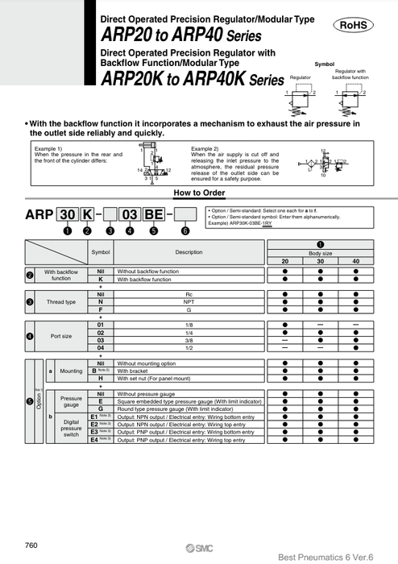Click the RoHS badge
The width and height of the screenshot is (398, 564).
pyautogui.click(x=352, y=25)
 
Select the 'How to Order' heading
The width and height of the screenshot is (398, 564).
pyautogui.click(x=198, y=193)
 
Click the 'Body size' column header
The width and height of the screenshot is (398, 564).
pyautogui.click(x=320, y=252)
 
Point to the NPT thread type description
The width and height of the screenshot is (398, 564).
pyautogui.click(x=189, y=302)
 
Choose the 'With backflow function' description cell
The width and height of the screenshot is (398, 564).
pyautogui.click(x=189, y=280)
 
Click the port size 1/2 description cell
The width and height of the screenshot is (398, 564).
pyautogui.click(x=189, y=348)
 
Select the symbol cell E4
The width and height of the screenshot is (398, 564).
pyautogui.click(x=95, y=440)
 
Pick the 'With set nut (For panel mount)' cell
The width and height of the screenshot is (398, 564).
pyautogui.click(x=189, y=379)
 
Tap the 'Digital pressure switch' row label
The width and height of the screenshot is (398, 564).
pyautogui.click(x=71, y=428)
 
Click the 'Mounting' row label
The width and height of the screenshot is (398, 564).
pyautogui.click(x=71, y=371)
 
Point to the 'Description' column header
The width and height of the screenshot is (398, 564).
pyautogui.click(x=189, y=252)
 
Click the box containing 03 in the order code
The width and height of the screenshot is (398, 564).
pyautogui.click(x=129, y=215)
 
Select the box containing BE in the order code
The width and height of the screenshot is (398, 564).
pyautogui.click(x=154, y=215)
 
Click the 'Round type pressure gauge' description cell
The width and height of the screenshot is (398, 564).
pyautogui.click(x=189, y=409)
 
